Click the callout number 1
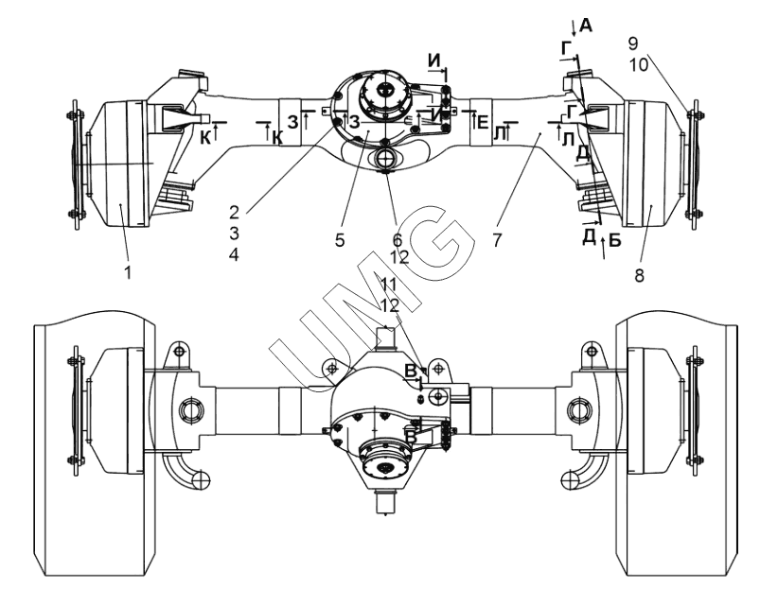[x=128, y=273]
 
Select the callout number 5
[x=340, y=240]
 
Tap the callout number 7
[x=497, y=240]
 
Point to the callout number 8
[x=639, y=276]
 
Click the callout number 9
[x=633, y=43]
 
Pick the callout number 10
[x=639, y=64]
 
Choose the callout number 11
[x=389, y=285]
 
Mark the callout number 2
[x=234, y=212]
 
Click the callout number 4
[x=234, y=254]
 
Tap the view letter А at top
[x=586, y=26]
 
